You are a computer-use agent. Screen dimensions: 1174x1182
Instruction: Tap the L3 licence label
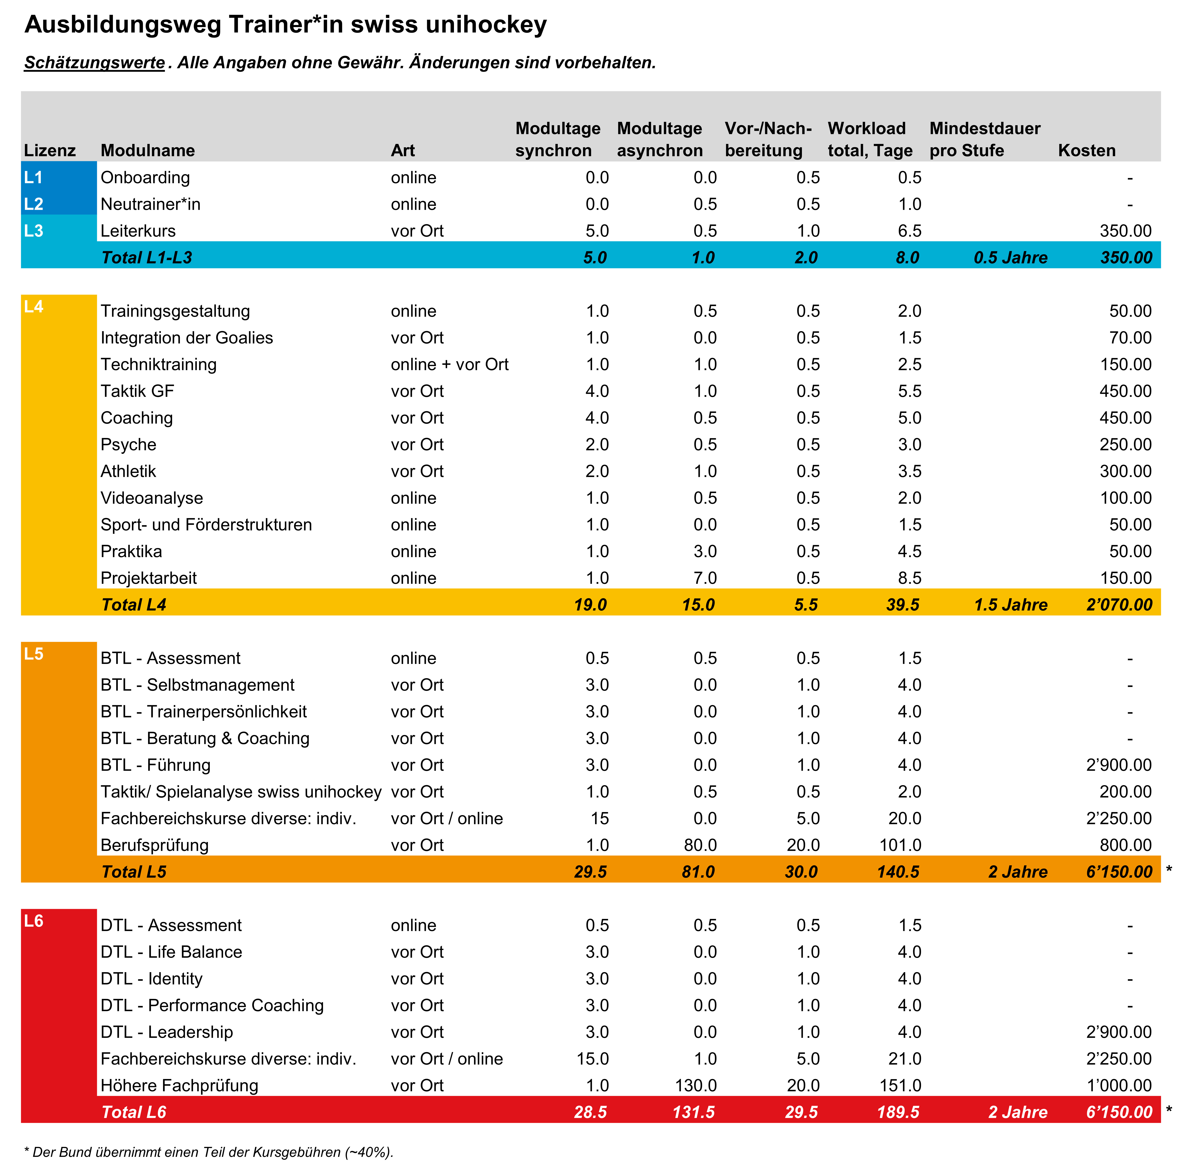click(34, 231)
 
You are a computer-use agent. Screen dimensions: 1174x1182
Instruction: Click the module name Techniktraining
click(158, 364)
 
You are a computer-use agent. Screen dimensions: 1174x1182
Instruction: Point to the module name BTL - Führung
click(155, 765)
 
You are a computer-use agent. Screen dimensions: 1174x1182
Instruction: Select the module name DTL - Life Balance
click(171, 952)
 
